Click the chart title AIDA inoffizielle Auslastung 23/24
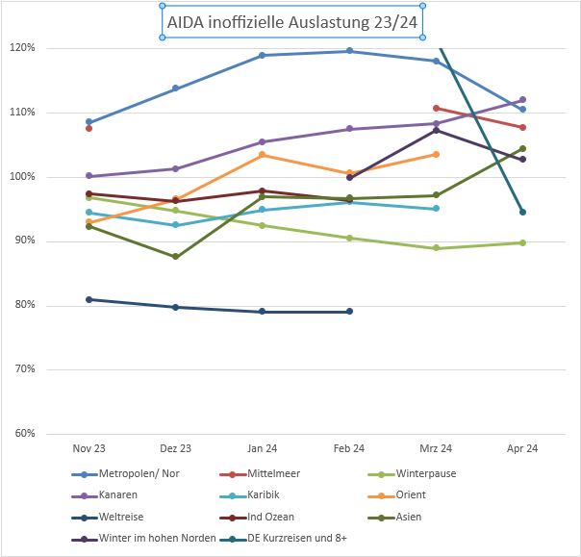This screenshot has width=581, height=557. [291, 21]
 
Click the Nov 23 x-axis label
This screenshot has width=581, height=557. [89, 448]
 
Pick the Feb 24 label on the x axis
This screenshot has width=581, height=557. [349, 448]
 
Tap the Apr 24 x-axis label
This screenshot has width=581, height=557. [522, 448]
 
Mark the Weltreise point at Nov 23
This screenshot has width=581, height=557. [89, 299]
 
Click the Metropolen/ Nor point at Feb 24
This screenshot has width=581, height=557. [349, 51]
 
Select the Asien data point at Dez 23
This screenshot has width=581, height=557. [175, 257]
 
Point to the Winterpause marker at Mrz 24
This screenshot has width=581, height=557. [436, 248]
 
